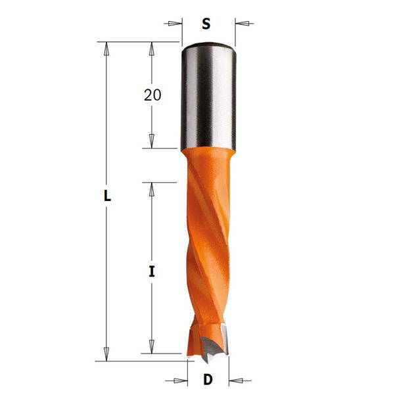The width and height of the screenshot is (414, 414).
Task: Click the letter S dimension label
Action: (206, 24)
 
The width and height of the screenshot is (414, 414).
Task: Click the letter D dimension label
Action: (208, 380)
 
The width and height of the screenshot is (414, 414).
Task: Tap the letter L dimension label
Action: (107, 196)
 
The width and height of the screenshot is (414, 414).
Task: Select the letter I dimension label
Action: (152, 271)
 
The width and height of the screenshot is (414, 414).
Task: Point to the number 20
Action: (152, 95)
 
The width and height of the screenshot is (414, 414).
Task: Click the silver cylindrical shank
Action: (208, 97)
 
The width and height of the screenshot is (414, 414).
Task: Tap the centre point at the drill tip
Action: (206, 361)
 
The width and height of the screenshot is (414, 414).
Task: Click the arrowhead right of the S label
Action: (242, 24)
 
